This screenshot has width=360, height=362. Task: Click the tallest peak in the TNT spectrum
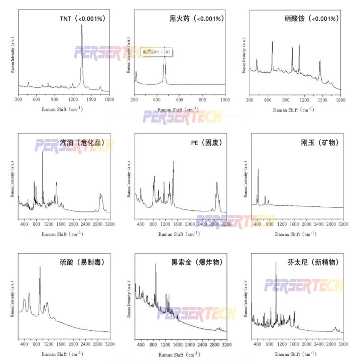pyautogui.click(x=82, y=26)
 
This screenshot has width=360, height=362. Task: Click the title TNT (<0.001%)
pyautogui.click(x=82, y=19)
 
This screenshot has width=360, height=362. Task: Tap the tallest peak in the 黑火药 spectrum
pyautogui.click(x=164, y=48)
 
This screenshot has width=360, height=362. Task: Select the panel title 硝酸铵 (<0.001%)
pyautogui.click(x=311, y=19)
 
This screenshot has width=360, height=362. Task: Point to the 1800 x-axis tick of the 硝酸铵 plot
pyautogui.click(x=340, y=100)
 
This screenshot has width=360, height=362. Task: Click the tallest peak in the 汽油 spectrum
pyautogui.click(x=43, y=153)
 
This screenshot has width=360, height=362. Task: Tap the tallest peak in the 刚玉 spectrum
pyautogui.click(x=258, y=170)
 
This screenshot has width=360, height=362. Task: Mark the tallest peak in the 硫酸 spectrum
pyautogui.click(x=40, y=268)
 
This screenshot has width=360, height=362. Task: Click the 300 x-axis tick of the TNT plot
pyautogui.click(x=19, y=100)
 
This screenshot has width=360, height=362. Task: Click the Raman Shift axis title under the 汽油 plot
pyautogui.click(x=62, y=234)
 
